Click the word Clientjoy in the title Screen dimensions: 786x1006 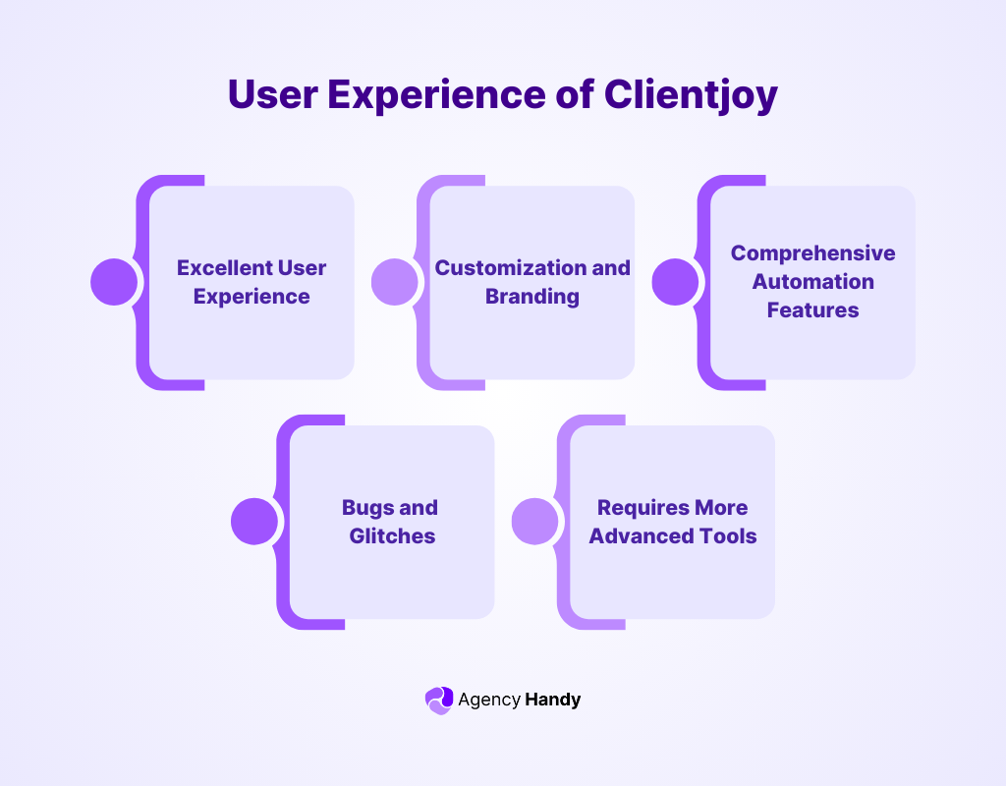tap(691, 95)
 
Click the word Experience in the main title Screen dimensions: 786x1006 tap(460, 95)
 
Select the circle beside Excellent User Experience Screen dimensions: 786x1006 tap(114, 282)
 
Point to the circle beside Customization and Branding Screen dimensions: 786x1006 tap(395, 282)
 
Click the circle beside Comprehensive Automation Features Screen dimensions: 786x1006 tap(676, 282)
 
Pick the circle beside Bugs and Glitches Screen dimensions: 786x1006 tap(254, 522)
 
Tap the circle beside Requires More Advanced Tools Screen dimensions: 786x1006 tap(535, 522)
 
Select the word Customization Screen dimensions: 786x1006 tap(496, 267)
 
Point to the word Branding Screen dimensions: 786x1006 tap(532, 296)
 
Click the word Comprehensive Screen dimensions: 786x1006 tap(812, 253)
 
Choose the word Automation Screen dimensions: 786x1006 tap(812, 281)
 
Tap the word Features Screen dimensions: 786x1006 tap(812, 309)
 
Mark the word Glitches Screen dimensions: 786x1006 tap(392, 536)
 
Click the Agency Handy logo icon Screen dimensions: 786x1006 tap(438, 700)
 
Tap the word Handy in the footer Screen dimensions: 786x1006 tap(552, 700)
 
